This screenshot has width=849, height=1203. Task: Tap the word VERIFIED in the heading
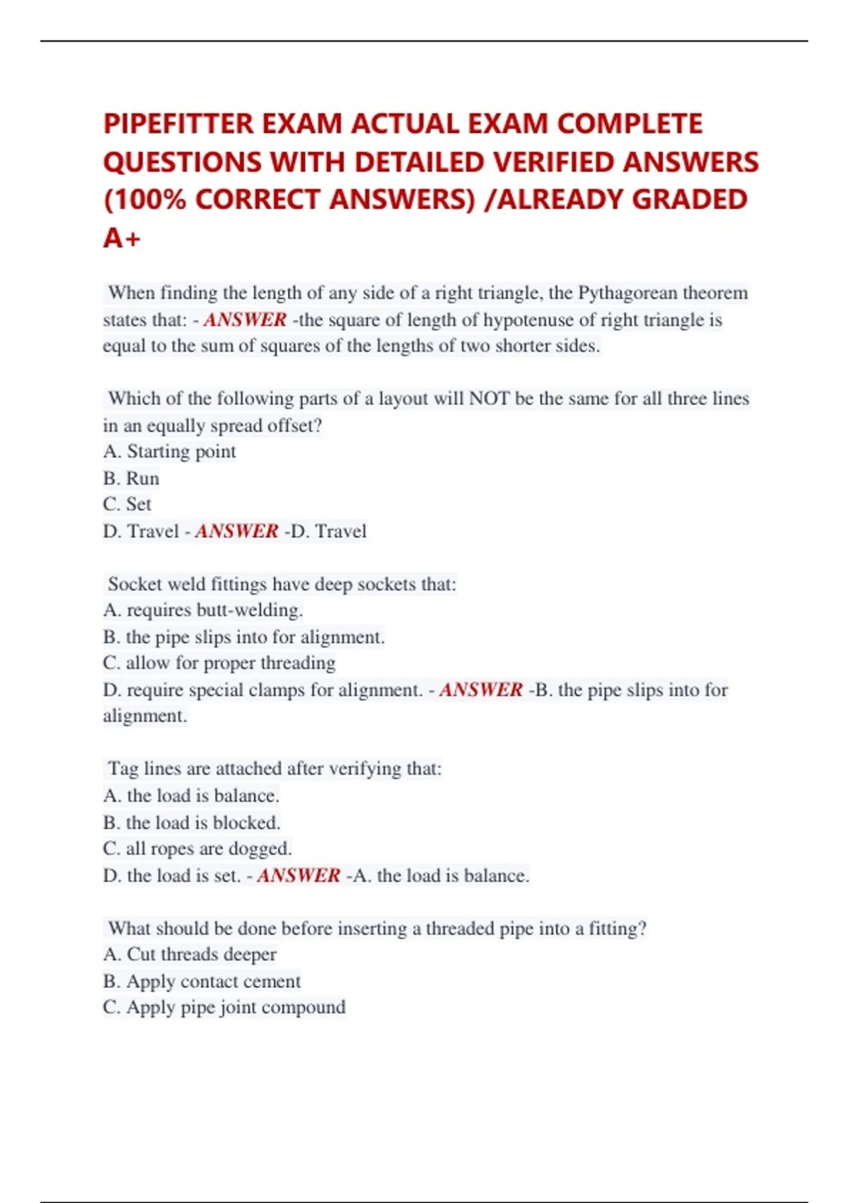tap(554, 162)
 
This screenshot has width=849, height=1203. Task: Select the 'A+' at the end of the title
tap(122, 238)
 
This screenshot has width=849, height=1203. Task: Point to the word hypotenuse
tap(527, 320)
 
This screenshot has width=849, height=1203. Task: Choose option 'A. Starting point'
tap(169, 451)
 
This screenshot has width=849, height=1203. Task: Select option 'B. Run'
tap(131, 478)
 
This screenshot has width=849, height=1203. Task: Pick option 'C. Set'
tap(127, 505)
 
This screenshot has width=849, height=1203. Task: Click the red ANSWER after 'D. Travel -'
tap(236, 531)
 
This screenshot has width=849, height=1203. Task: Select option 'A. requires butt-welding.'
tap(202, 610)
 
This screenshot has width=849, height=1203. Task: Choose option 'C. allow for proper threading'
tap(219, 663)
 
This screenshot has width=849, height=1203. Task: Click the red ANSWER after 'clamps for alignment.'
tap(481, 690)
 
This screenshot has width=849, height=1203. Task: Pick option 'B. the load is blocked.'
tap(191, 823)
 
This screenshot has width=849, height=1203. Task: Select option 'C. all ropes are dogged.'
tap(197, 848)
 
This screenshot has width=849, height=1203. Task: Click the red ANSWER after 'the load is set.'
tap(299, 876)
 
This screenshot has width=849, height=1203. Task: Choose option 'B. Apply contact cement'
tap(202, 982)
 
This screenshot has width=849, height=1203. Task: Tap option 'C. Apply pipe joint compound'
tap(224, 1008)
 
